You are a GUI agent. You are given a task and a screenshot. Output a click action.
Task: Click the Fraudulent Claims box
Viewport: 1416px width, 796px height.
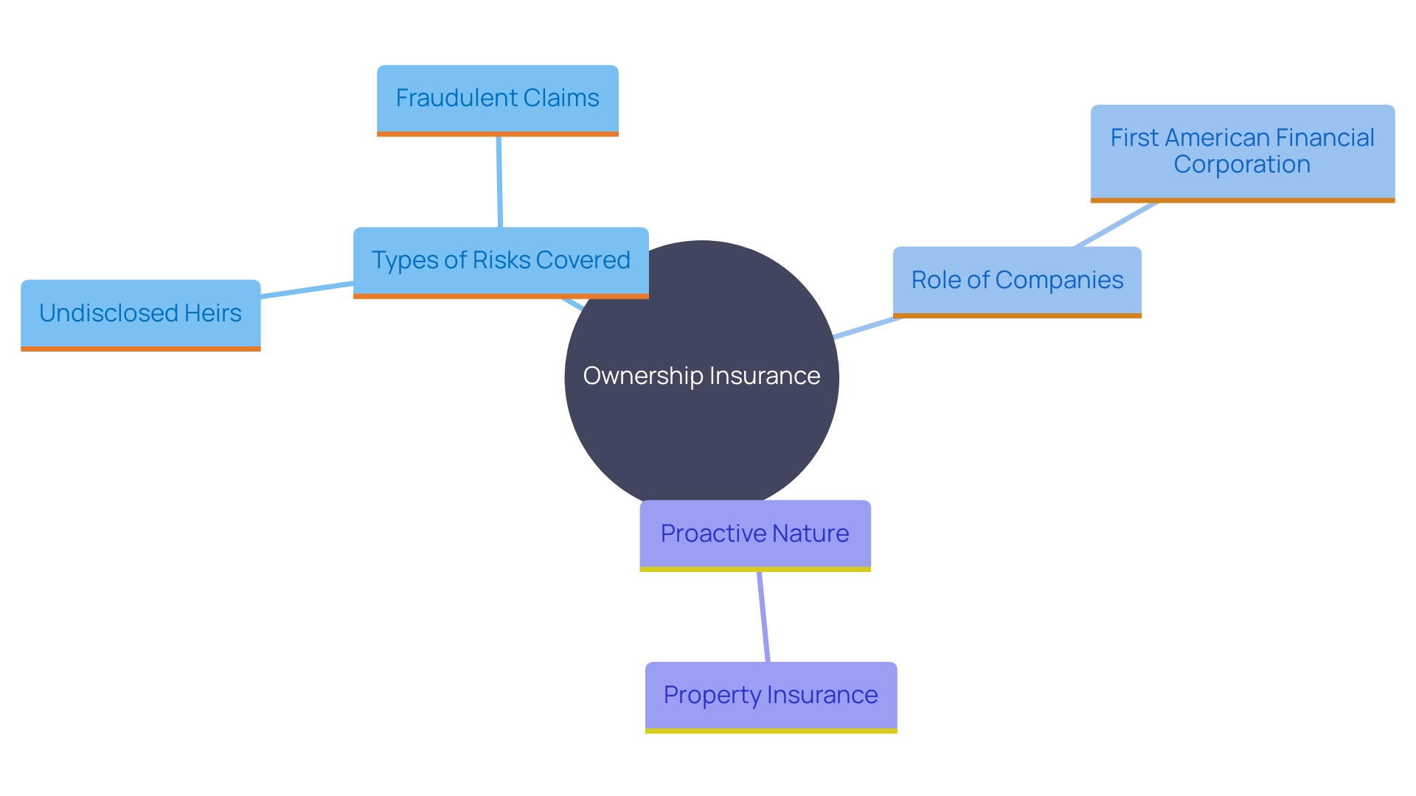[x=497, y=99]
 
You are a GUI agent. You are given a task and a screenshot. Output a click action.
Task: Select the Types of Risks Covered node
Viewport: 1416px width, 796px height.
[x=501, y=261]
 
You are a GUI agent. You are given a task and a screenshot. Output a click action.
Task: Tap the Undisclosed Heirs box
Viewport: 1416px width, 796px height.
[x=140, y=314]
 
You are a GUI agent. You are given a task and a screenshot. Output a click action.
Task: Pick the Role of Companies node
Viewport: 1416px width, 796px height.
[x=1017, y=281]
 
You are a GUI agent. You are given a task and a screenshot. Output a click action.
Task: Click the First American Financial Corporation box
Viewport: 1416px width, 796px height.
[x=1242, y=152]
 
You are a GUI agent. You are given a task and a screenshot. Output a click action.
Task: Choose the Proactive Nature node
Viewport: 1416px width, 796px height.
[x=754, y=534]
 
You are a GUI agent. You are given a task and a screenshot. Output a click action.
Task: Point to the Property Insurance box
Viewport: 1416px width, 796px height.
[x=771, y=696]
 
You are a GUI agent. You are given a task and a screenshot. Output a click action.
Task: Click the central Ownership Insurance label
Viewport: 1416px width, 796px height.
[x=701, y=376]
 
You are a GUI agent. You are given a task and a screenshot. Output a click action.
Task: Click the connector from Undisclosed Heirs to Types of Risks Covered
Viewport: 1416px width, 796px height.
[x=307, y=290]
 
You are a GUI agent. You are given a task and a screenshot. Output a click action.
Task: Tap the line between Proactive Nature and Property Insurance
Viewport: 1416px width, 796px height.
[x=763, y=617]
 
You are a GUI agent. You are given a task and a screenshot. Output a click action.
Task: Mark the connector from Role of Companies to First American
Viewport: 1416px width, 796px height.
[x=1116, y=224]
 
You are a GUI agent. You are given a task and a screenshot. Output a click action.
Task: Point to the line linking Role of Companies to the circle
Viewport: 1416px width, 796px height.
[x=867, y=328]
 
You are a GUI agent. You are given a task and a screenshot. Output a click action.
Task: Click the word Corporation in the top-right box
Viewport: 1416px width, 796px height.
[x=1242, y=164]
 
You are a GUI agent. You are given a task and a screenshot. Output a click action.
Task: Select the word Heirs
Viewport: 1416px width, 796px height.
[x=213, y=313]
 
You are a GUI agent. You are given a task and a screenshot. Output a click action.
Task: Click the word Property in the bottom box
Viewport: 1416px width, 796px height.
[x=712, y=695]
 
